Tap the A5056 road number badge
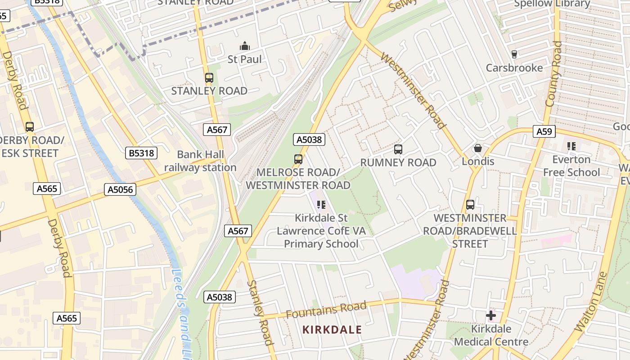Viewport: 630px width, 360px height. point(121,189)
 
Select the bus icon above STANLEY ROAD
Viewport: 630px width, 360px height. point(209,77)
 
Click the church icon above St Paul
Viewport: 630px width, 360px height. point(245,46)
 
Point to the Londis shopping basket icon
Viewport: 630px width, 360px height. point(478,148)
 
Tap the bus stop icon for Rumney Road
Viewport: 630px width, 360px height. point(398,149)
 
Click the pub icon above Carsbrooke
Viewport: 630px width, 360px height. point(514,54)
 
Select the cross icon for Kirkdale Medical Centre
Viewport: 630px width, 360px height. point(491,315)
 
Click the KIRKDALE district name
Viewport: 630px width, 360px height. point(332,330)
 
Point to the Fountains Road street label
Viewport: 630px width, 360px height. point(326,310)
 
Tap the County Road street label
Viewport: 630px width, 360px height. point(553,74)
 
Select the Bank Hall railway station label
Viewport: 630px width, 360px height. point(200,161)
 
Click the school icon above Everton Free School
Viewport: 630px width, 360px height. point(571,146)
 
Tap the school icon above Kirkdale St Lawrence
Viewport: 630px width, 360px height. point(321,205)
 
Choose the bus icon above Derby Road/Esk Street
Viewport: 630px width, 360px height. point(30,127)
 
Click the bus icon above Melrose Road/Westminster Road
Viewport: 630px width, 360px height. point(298,159)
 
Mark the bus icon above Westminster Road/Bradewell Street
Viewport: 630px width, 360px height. point(470,205)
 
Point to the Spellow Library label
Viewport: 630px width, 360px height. point(552,4)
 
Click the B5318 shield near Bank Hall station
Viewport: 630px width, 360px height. point(141,153)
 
